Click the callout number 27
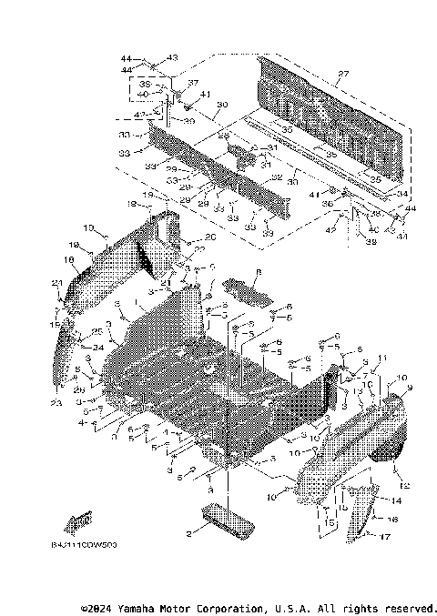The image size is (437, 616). click(x=343, y=74)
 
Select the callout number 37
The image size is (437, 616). click(x=192, y=82)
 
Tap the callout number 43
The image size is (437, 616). click(x=172, y=57)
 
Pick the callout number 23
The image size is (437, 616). click(x=56, y=403)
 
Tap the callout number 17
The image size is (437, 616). click(x=385, y=537)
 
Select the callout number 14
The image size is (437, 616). click(x=395, y=501)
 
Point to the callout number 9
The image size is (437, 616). click(x=409, y=389)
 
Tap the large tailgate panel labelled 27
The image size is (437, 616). click(x=328, y=109)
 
